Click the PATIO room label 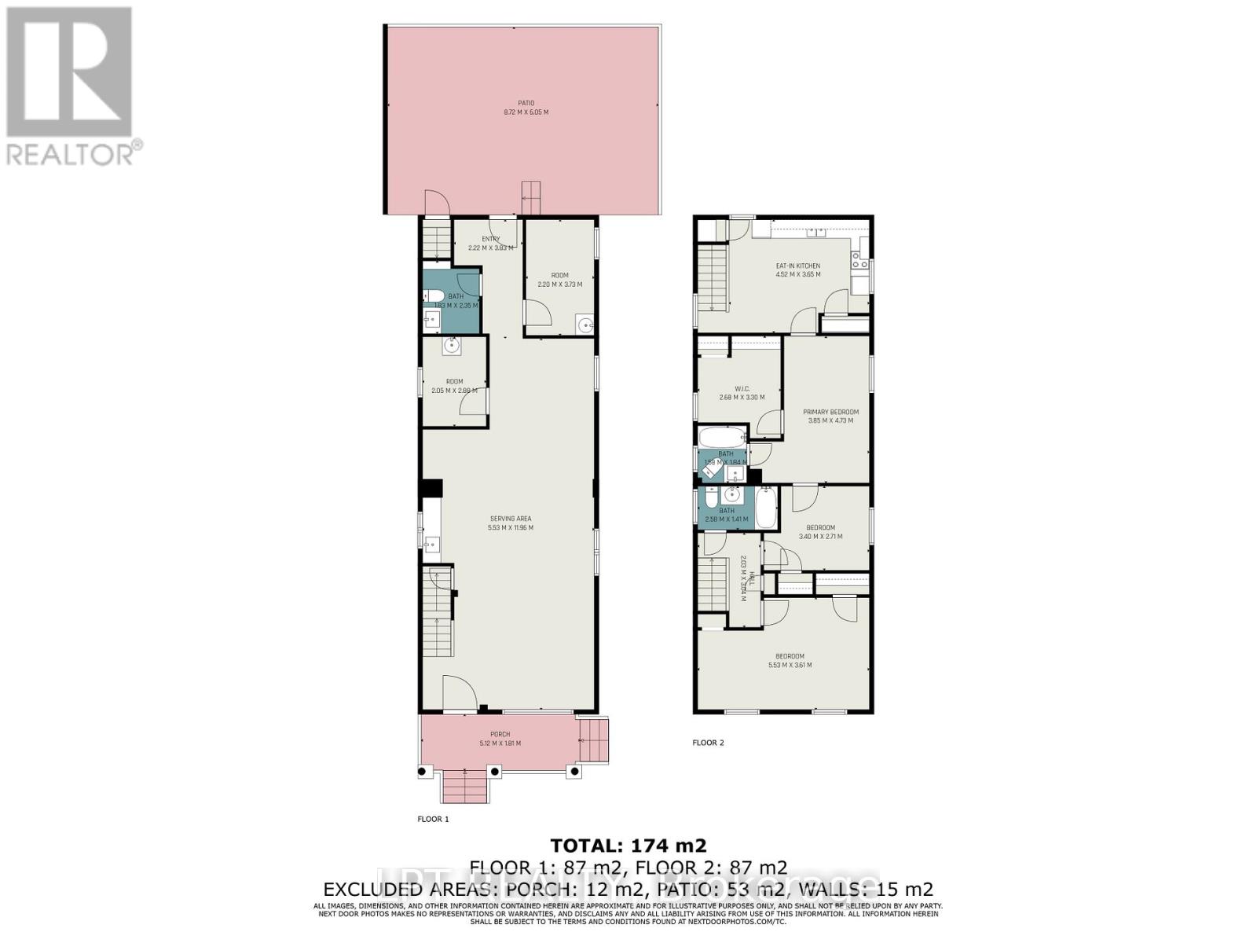(x=526, y=103)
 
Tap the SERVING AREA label (x=511, y=519)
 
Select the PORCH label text (x=500, y=735)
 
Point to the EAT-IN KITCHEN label (x=798, y=266)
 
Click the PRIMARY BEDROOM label (x=830, y=412)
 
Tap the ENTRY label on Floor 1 (x=490, y=239)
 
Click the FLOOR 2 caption (x=708, y=743)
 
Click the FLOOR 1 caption (x=433, y=819)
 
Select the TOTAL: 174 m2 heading (x=628, y=846)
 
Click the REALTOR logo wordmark (x=75, y=153)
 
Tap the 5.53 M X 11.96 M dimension (x=511, y=528)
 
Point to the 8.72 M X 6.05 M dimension (x=526, y=112)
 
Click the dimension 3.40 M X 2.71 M (x=820, y=537)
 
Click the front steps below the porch (x=464, y=786)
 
